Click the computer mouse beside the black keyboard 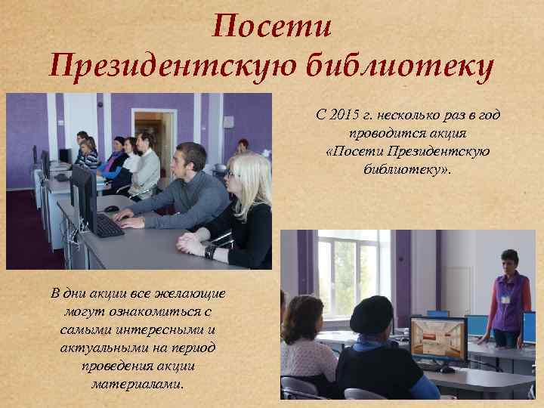(x=112, y=208)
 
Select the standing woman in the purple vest (x=507, y=298)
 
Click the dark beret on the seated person (x=372, y=312)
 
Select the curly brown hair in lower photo (x=302, y=314)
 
